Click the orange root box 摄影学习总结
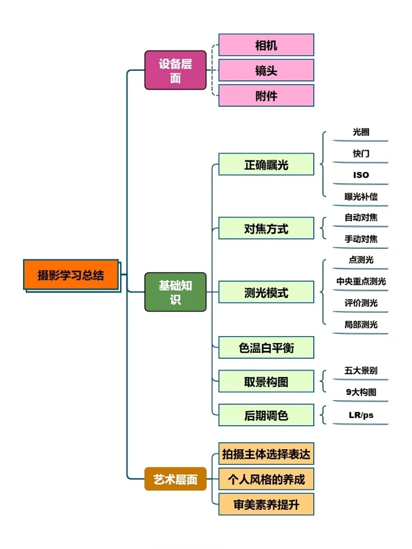pos(71,275)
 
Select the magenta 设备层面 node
pos(175,70)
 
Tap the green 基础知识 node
pos(175,292)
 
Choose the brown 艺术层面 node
pos(175,479)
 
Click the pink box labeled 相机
pos(266,45)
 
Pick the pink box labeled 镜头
pos(266,70)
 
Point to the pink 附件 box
pos(266,96)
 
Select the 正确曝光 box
pos(266,165)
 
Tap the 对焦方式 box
pos(266,229)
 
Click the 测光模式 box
pos(266,293)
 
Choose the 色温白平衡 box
pos(266,348)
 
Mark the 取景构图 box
pos(266,382)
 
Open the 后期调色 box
pos(266,416)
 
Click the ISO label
pos(361,175)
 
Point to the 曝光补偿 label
pos(361,196)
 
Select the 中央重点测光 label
pos(361,281)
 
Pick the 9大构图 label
pos(361,392)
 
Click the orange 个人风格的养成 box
pos(266,479)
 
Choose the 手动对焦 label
pos(361,239)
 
